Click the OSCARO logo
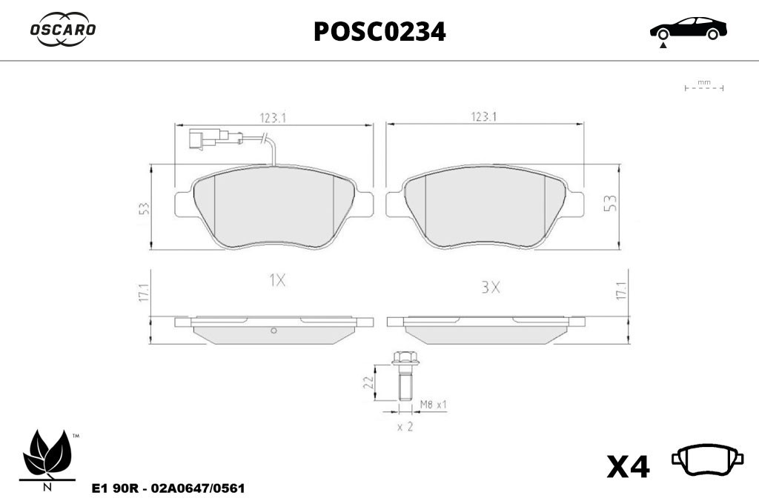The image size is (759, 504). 63,30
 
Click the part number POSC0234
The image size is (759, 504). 379,32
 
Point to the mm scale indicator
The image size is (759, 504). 704,86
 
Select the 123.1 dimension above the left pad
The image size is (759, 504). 274,118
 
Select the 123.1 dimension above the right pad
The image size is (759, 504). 484,116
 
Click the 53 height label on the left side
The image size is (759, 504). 144,208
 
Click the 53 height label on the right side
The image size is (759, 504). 611,203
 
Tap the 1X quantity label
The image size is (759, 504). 277,280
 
